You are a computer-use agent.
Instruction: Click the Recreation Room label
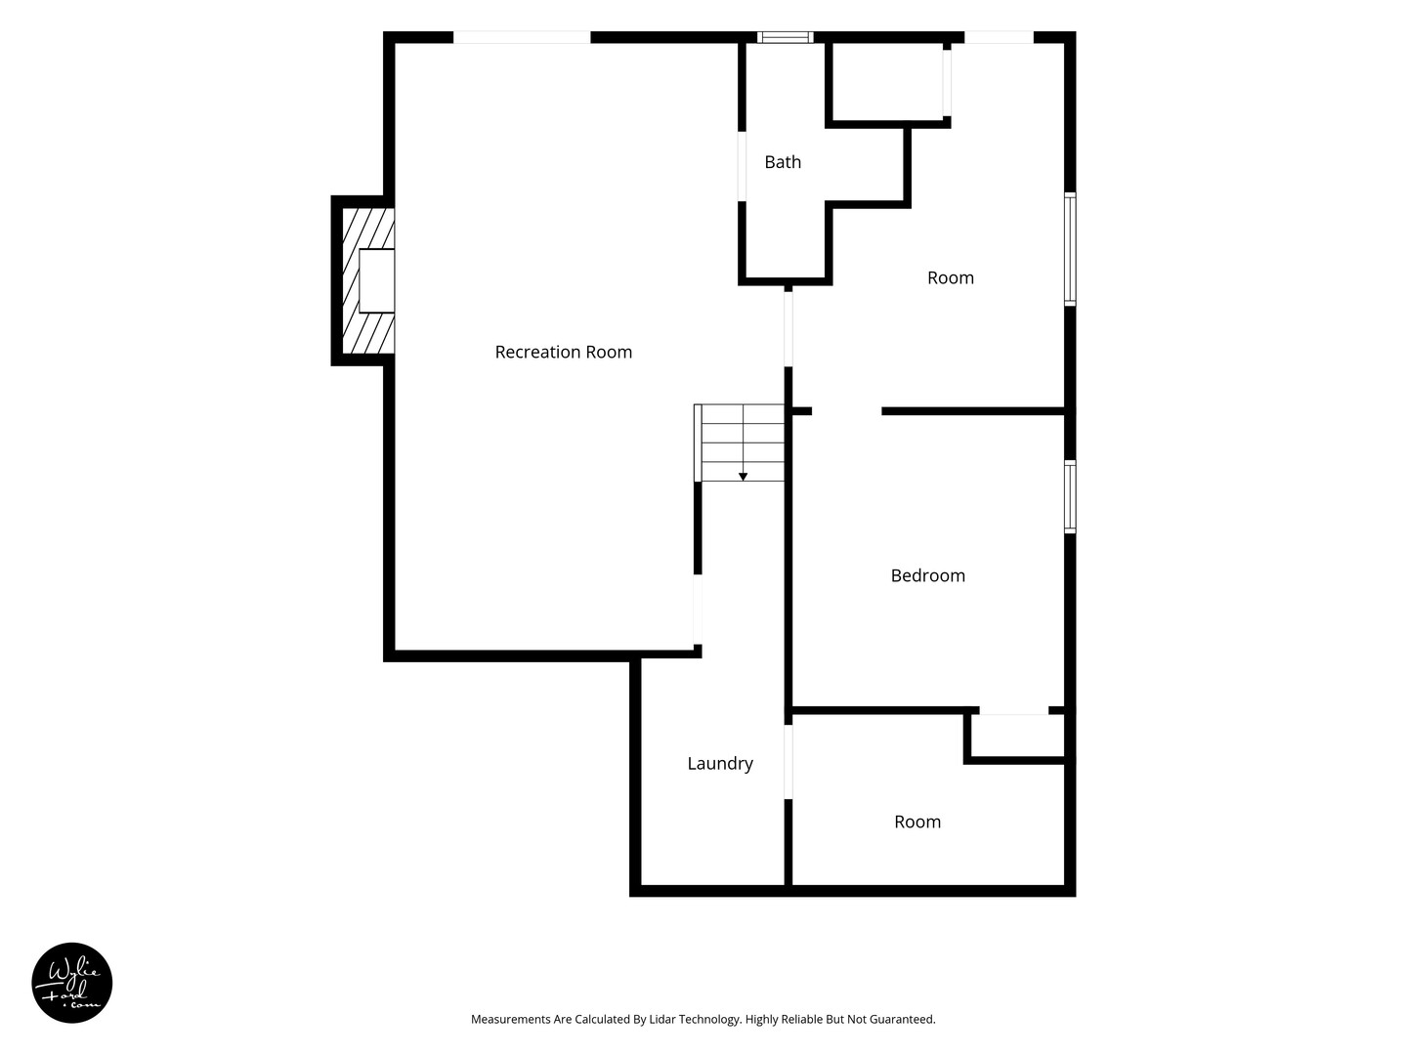pyautogui.click(x=564, y=352)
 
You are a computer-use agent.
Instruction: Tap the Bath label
pyautogui.click(x=783, y=162)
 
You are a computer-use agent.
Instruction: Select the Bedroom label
pyautogui.click(x=927, y=575)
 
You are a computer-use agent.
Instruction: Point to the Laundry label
pyautogui.click(x=720, y=764)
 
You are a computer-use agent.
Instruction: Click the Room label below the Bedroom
pyautogui.click(x=917, y=822)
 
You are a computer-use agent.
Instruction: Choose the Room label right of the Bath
pyautogui.click(x=951, y=277)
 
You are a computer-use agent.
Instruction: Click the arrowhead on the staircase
pyautogui.click(x=743, y=477)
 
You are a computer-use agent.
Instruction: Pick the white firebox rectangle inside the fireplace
pyautogui.click(x=376, y=280)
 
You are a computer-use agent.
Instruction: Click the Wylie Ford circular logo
pyautogui.click(x=71, y=983)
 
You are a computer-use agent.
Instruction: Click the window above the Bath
pyautogui.click(x=786, y=37)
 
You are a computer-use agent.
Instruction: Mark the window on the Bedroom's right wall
pyautogui.click(x=1070, y=496)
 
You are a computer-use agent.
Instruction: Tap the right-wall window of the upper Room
pyautogui.click(x=1070, y=248)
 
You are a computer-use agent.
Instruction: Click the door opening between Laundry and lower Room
pyautogui.click(x=789, y=762)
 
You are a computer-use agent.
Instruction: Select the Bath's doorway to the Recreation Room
pyautogui.click(x=742, y=166)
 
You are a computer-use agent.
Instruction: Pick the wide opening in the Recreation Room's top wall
pyautogui.click(x=522, y=37)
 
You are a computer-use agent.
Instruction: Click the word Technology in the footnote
pyautogui.click(x=709, y=1020)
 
